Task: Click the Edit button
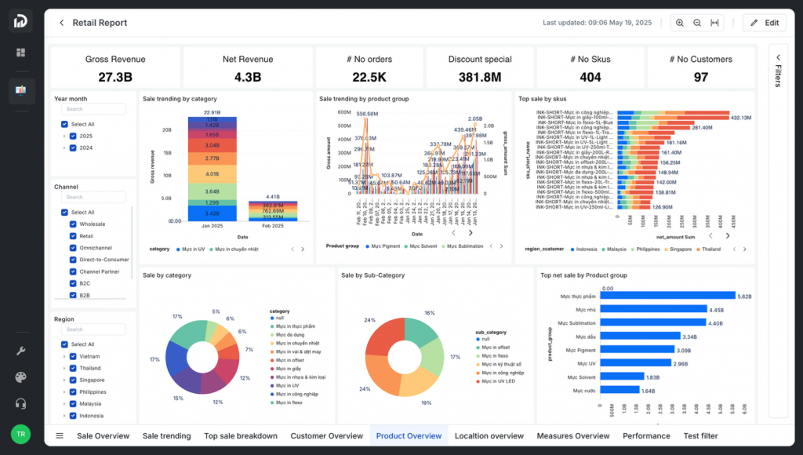pyautogui.click(x=764, y=23)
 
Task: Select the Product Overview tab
pyautogui.click(x=409, y=436)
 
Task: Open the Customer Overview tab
pyautogui.click(x=326, y=436)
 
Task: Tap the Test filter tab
pyautogui.click(x=700, y=436)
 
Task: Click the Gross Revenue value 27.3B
pyautogui.click(x=115, y=77)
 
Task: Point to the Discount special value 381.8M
pyautogui.click(x=480, y=77)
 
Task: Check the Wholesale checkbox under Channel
pyautogui.click(x=73, y=224)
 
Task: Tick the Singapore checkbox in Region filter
pyautogui.click(x=73, y=380)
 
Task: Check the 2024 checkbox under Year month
pyautogui.click(x=73, y=147)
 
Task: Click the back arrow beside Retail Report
pyautogui.click(x=62, y=23)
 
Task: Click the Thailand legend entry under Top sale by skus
pyautogui.click(x=708, y=249)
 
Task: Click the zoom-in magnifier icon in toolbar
pyautogui.click(x=680, y=23)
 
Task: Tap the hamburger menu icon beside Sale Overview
pyautogui.click(x=60, y=436)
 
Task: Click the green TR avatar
pyautogui.click(x=20, y=434)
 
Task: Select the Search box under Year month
pyautogui.click(x=95, y=109)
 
